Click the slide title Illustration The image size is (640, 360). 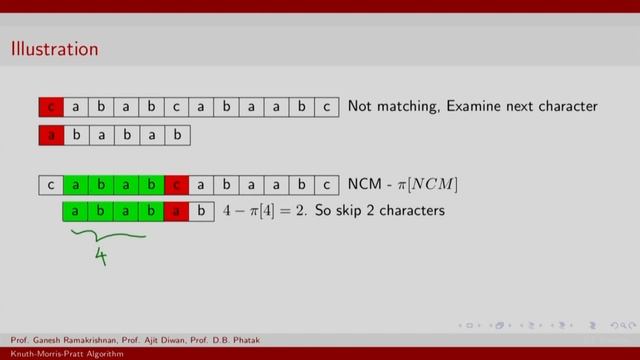tap(54, 48)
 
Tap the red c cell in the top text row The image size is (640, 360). tap(51, 107)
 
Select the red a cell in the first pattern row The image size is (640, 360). tap(51, 135)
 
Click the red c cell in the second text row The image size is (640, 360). tap(176, 185)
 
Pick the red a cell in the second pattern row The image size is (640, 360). tap(176, 212)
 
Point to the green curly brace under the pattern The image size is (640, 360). tap(108, 237)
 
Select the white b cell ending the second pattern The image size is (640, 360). tap(201, 212)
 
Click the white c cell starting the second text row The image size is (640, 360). tap(51, 185)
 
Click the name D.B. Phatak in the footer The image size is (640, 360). tap(229, 340)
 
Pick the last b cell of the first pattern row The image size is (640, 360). tap(176, 135)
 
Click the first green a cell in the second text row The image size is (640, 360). tap(76, 185)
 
